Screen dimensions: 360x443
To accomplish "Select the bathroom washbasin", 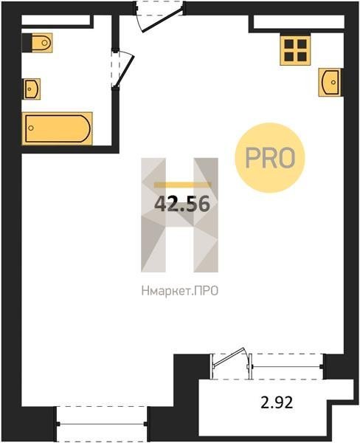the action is [32, 89].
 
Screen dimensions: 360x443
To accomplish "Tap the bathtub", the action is [57, 128].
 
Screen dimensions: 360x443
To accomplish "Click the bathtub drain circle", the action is [31, 128].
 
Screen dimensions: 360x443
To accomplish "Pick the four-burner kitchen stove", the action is [295, 50].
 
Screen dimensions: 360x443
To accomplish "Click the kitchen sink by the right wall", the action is [330, 82].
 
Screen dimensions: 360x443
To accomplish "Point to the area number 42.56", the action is [182, 204].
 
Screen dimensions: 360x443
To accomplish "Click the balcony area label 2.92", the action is [277, 402].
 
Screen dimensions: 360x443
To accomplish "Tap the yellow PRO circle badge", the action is [270, 158].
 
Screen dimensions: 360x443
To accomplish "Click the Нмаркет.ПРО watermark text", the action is [180, 291].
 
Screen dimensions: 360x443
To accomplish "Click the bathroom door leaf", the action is [124, 69].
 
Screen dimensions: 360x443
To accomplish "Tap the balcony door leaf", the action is [227, 357].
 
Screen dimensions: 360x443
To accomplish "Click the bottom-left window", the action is [102, 424].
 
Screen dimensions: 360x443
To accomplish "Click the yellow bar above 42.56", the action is [182, 185].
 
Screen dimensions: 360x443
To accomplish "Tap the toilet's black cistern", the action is [27, 43].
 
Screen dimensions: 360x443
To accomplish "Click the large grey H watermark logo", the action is [179, 215].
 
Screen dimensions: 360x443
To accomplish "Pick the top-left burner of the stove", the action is [289, 44].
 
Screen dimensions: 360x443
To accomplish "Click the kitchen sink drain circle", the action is [333, 82].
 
